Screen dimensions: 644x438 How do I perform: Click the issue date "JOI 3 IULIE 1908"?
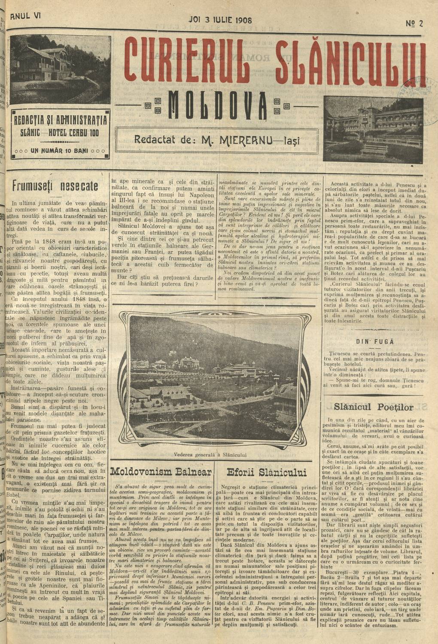(220, 20)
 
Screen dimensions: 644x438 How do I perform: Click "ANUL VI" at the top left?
(25, 15)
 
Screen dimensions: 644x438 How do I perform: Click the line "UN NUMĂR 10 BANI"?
(60, 151)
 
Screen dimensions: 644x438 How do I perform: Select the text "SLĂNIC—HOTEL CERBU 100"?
(60, 132)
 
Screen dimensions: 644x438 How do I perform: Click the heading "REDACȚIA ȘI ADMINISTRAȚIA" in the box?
(60, 120)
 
